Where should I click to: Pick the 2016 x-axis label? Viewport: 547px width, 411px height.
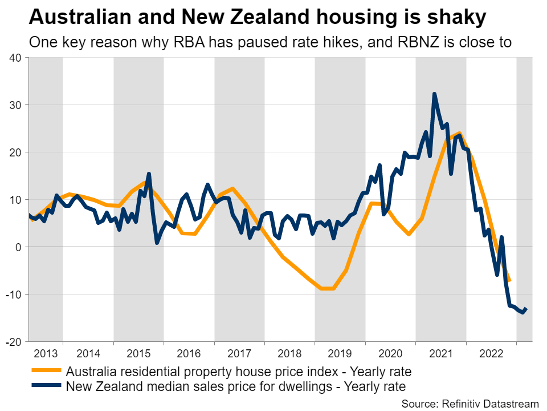pyautogui.click(x=189, y=352)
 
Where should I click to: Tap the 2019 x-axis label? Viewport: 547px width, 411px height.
pyautogui.click(x=340, y=352)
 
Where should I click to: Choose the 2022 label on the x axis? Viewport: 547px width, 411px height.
pyautogui.click(x=491, y=352)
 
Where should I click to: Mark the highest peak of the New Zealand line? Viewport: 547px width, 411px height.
pyautogui.click(x=434, y=94)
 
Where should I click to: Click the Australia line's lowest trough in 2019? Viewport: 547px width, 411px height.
pyautogui.click(x=328, y=289)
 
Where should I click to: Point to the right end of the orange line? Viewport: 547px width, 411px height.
pyautogui.click(x=509, y=280)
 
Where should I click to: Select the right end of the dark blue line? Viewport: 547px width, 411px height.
pyautogui.click(x=527, y=309)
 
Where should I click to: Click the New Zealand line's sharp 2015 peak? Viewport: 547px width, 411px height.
pyautogui.click(x=149, y=174)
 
